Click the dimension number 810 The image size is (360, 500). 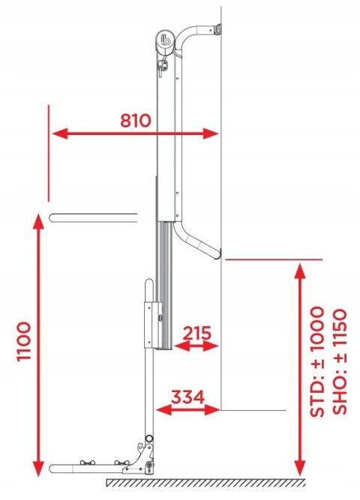135,119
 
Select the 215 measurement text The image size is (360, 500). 196,332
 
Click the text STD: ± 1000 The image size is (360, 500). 319,361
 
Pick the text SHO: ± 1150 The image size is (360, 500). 339,361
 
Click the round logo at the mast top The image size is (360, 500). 166,40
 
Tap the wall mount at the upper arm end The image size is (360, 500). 217,30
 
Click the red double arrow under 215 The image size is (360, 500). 196,346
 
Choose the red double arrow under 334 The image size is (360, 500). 188,409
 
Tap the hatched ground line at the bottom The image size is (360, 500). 202,481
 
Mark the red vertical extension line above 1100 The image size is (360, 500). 48,154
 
